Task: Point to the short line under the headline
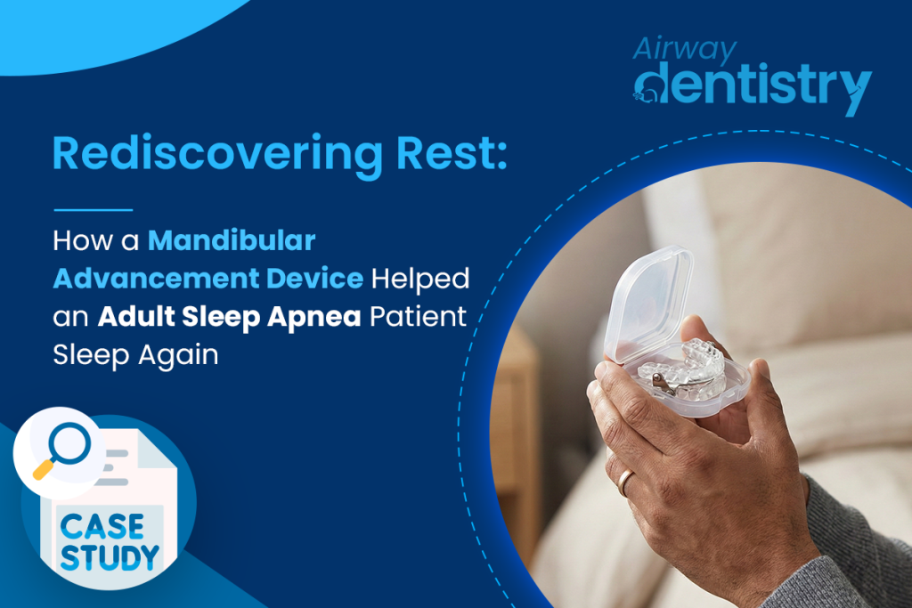coord(93,210)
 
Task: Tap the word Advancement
coord(146,279)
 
